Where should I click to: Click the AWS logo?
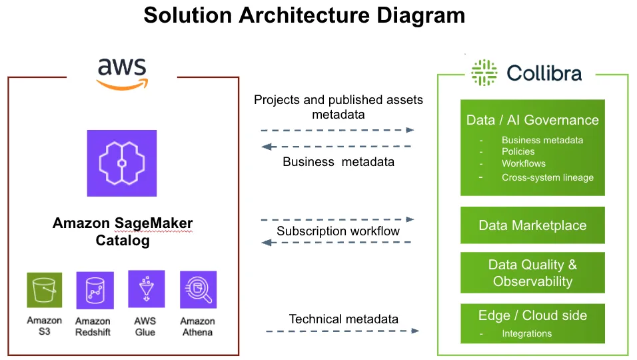coord(122,74)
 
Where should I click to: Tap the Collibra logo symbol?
coord(484,73)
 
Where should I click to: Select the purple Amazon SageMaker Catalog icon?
coord(122,163)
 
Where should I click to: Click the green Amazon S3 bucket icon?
coord(44,290)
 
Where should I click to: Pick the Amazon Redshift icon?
coord(95,291)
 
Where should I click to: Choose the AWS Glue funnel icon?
coord(146,289)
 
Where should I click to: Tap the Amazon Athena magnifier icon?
coord(199,290)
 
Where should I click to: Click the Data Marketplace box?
coord(532,225)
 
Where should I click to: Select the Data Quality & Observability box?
coord(532,273)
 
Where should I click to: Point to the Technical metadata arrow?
coord(342,331)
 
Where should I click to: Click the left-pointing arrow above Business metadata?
coord(336,146)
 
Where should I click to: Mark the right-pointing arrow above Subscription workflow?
coord(338,219)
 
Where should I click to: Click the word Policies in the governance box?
coord(518,151)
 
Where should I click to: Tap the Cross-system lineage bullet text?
coord(548,177)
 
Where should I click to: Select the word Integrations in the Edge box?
coord(527,333)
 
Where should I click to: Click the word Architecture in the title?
coord(305,15)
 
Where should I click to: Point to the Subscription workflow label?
coord(338,231)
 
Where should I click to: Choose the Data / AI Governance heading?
coord(532,120)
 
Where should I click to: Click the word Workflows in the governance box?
coord(524,163)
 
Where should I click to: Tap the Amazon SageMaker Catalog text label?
coord(123,231)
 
